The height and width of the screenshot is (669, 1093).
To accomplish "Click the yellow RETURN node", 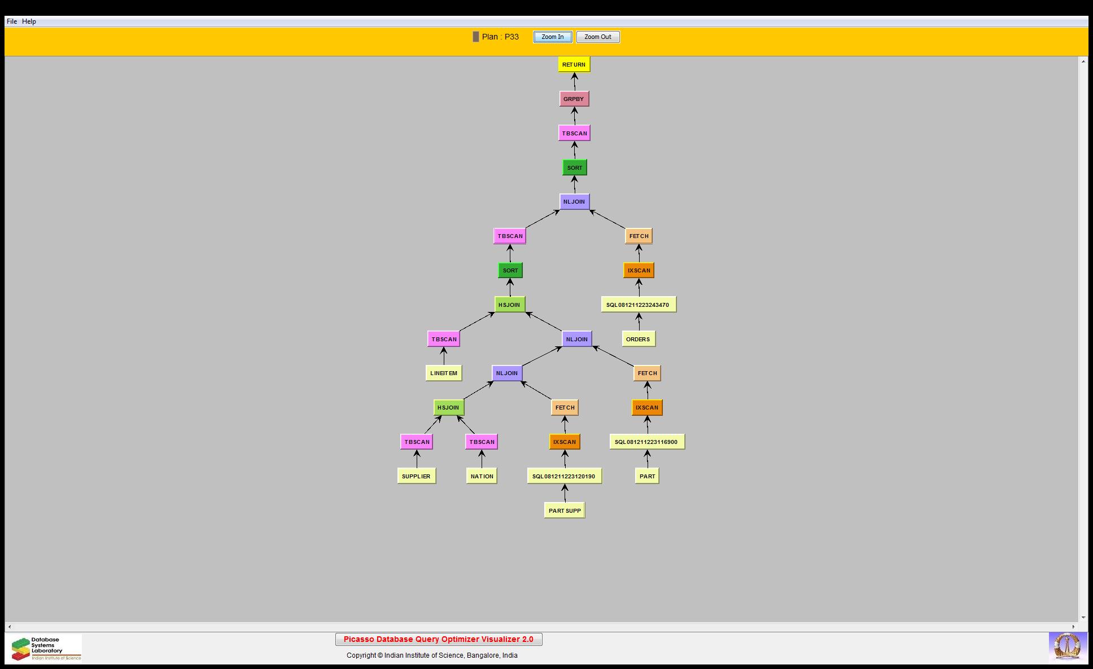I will coord(574,64).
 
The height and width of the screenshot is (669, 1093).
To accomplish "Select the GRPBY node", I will coord(574,99).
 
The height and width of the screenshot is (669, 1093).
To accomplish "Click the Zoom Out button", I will coord(597,37).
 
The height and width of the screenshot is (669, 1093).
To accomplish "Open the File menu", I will coord(11,21).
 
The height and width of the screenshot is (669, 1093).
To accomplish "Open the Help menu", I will coord(29,21).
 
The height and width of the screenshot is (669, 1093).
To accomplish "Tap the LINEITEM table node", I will coord(443,373).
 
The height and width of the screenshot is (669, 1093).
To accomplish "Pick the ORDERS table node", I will coord(638,339).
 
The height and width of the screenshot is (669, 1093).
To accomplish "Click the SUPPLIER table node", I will coord(416,476).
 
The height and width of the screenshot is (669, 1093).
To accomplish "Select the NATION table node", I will coord(482,476).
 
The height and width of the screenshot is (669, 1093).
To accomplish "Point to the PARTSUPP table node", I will coord(564,510).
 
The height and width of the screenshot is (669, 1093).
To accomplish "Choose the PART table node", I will coord(647,476).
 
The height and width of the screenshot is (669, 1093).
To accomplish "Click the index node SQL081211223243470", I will coord(638,305).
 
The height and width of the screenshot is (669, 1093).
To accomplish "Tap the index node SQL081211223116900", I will coord(646,442).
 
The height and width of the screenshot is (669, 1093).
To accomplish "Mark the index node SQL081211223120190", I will coord(564,476).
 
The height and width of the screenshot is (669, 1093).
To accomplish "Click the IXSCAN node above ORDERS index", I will coord(639,270).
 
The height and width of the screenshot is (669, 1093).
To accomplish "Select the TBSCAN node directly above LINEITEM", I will coord(444,339).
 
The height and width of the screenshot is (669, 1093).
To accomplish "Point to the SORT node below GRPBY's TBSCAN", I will coord(574,168).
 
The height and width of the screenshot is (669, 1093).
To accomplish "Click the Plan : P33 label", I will coord(500,37).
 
